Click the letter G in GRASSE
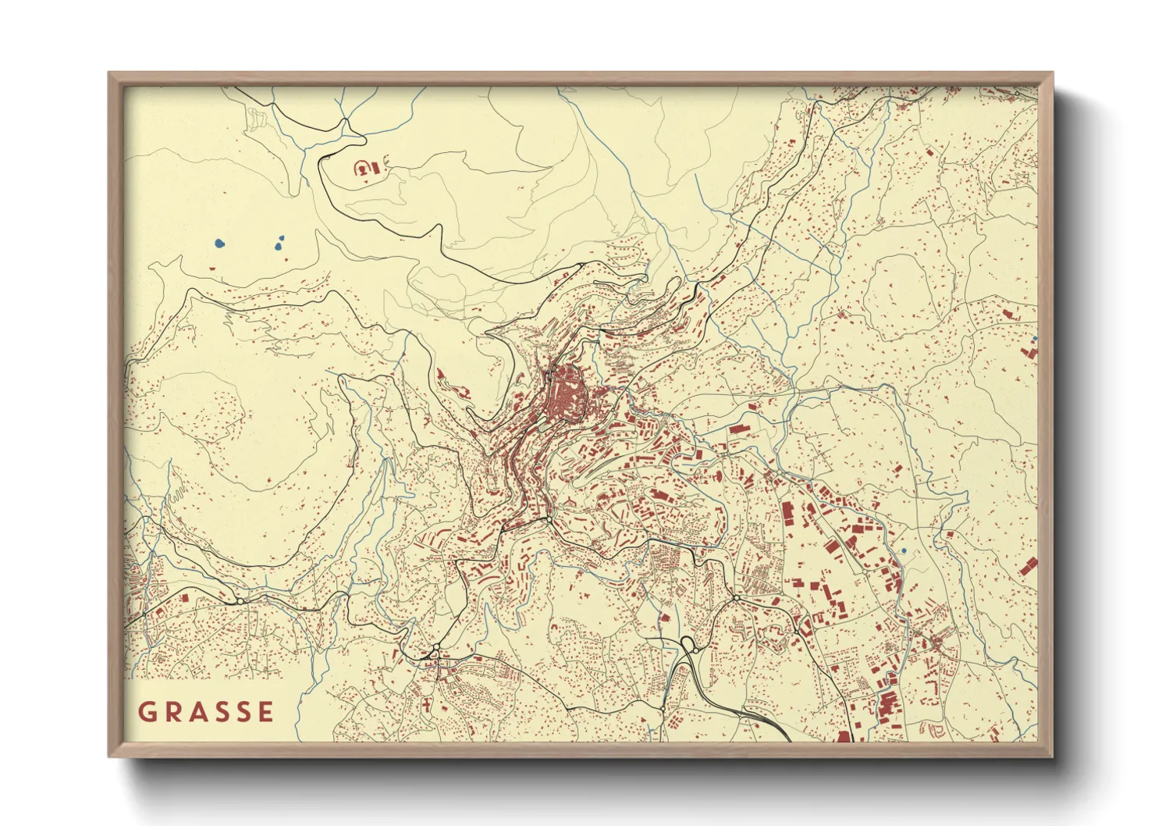coord(147,712)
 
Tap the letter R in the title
coord(173,712)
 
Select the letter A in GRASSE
coord(198,712)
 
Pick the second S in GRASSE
coord(244,712)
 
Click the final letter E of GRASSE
coord(266,712)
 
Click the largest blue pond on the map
coord(219,243)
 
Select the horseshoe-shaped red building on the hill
coord(362,167)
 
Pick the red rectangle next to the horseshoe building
coord(375,168)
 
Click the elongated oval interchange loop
coord(688,644)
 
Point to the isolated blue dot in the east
coord(904,551)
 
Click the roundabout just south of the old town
coord(549,519)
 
